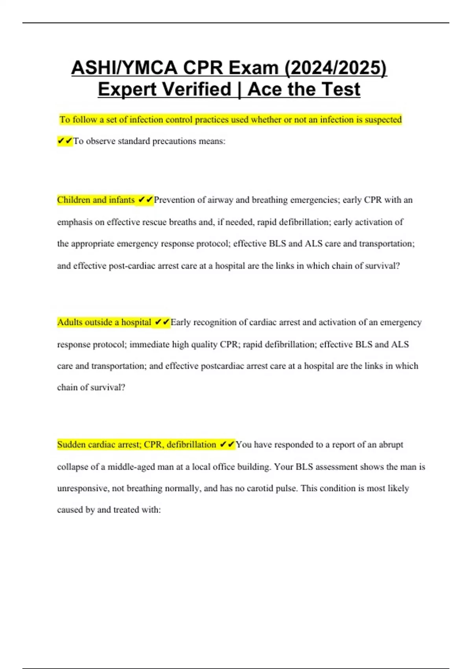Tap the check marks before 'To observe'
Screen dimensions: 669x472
65,141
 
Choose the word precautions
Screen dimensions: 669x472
174,141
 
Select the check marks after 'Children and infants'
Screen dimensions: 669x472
146,200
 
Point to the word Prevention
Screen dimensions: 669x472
174,200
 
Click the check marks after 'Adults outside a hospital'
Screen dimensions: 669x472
162,322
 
